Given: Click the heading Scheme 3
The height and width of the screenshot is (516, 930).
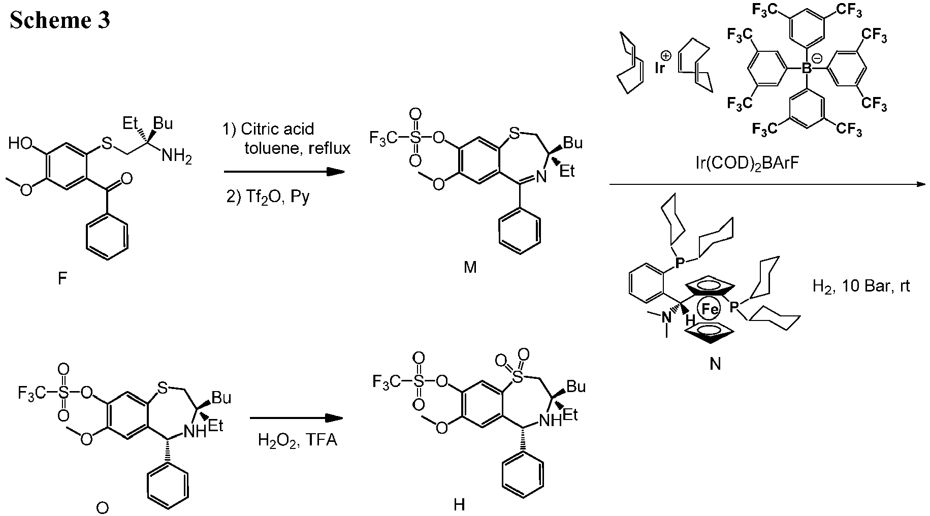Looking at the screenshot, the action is [60, 21].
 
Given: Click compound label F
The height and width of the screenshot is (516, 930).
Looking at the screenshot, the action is [62, 279].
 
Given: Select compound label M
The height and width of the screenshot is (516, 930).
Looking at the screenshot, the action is [470, 267].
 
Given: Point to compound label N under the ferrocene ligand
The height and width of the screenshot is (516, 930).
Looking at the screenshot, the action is [715, 364].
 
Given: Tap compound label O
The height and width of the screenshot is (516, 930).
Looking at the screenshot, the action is [102, 507].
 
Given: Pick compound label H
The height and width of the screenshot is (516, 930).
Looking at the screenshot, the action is [459, 504].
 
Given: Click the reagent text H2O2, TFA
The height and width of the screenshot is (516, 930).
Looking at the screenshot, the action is [298, 439].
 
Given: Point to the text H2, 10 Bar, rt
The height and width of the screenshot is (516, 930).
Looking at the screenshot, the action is [861, 286].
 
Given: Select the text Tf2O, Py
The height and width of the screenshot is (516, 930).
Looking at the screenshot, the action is [268, 197].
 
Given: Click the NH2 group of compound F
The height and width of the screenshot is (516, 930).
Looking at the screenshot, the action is [177, 156].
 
